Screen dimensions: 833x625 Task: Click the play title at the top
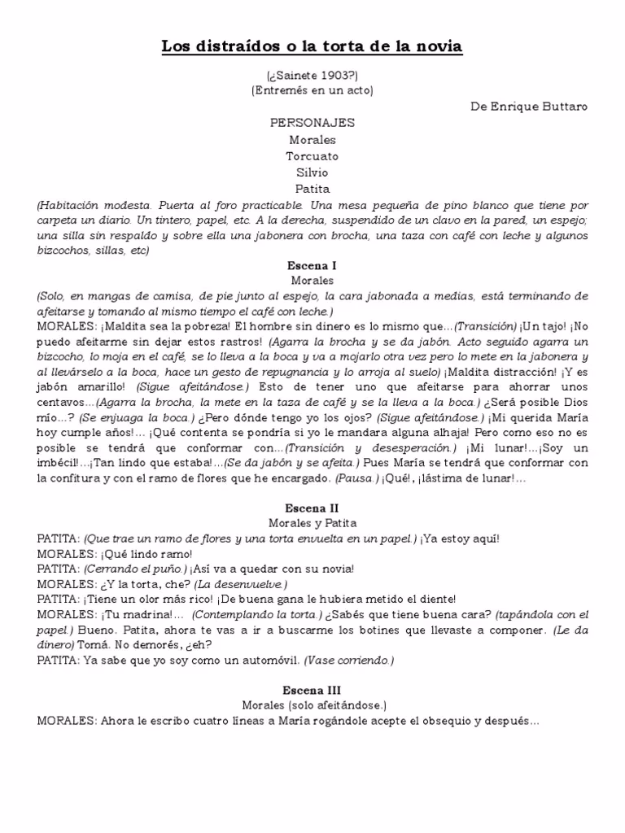(312, 47)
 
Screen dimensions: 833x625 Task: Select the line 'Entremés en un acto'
(312, 90)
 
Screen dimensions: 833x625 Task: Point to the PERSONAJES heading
(312, 123)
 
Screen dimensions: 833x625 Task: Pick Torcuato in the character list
(312, 156)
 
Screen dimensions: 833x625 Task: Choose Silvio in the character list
(312, 172)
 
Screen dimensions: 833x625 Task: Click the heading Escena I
(312, 265)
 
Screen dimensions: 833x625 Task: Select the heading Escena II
(312, 507)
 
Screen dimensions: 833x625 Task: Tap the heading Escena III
(312, 689)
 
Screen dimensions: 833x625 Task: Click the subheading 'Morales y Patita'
(312, 523)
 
